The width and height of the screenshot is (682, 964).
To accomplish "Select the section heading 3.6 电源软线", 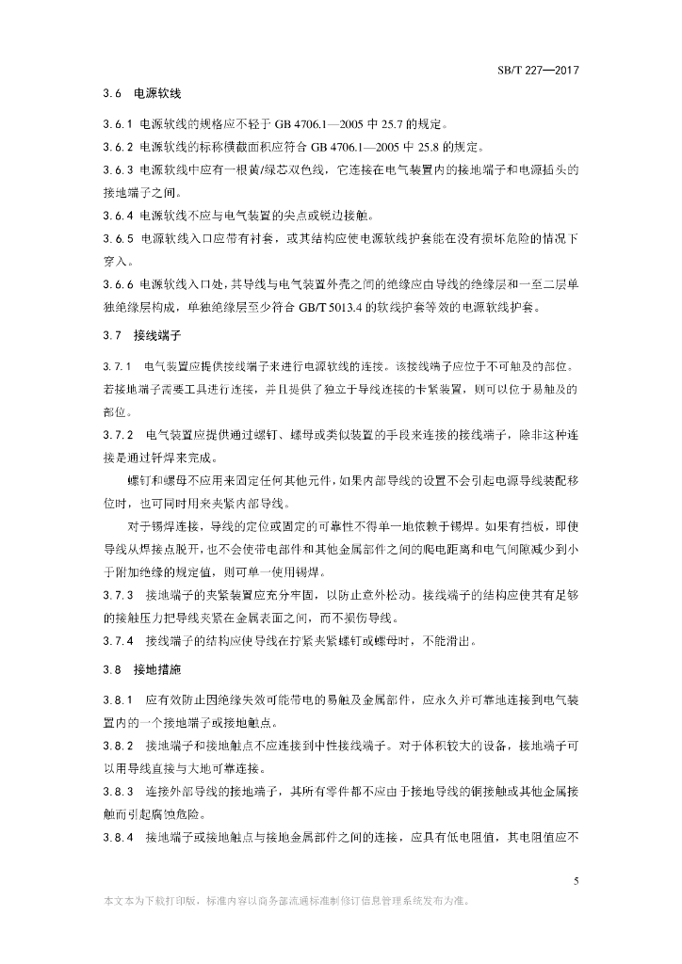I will pyautogui.click(x=142, y=95).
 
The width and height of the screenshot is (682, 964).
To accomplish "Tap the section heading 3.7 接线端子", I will pyautogui.click(x=142, y=335).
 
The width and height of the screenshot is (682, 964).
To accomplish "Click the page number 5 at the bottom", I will pyautogui.click(x=574, y=881).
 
